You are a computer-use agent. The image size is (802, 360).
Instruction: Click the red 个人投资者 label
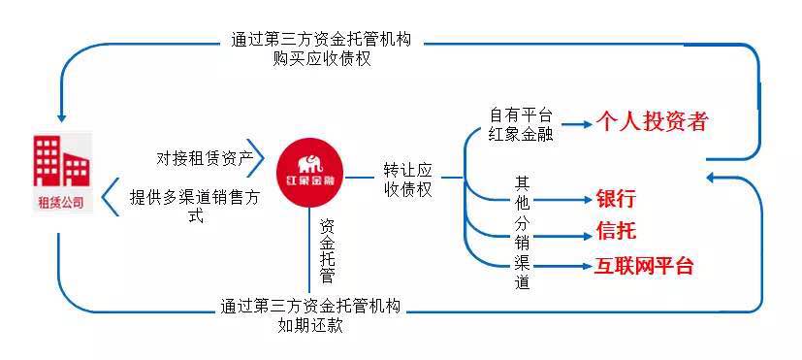click(x=652, y=122)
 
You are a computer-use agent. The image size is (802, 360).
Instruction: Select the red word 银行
click(x=616, y=199)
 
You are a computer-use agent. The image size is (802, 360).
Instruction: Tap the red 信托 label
click(x=616, y=231)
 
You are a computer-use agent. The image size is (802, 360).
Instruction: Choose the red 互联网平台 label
click(x=644, y=265)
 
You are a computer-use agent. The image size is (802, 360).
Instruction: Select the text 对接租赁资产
click(x=205, y=156)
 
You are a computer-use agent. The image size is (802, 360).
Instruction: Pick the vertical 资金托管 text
click(x=327, y=249)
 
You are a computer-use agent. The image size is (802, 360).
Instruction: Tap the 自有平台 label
click(x=522, y=114)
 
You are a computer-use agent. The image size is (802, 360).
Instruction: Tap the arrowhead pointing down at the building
click(x=60, y=110)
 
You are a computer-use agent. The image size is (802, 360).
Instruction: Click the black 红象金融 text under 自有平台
click(x=522, y=134)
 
